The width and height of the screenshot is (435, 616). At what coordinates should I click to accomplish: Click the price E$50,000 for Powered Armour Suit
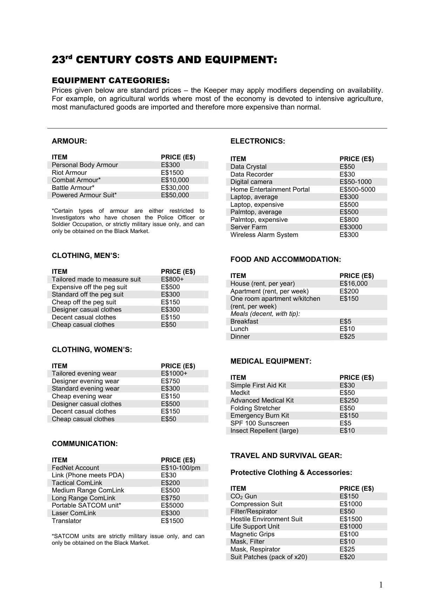coord(175,195)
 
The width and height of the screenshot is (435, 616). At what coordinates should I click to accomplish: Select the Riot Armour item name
coord(69,173)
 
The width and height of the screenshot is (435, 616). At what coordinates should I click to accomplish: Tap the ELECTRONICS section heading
coord(257,141)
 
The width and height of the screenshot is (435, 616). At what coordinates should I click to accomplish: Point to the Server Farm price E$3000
coord(350,227)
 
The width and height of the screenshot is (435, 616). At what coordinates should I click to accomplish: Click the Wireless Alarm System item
coord(264,235)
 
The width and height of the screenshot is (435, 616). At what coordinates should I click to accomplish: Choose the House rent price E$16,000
coord(353,284)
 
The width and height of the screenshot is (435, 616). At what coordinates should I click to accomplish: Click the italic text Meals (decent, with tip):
coord(265,314)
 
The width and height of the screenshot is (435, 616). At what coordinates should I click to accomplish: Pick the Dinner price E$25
coord(347,337)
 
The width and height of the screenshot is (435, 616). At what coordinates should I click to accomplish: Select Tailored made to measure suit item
coord(96,279)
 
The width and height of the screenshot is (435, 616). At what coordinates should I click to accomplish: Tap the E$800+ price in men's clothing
coord(172,279)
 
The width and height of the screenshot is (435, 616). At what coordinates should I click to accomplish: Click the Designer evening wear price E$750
coord(170,381)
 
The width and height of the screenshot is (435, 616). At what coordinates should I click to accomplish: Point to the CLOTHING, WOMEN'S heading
coord(92,350)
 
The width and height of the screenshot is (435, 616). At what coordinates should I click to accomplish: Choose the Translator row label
coord(66,521)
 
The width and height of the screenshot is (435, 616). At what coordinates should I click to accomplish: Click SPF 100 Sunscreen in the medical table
coord(260,423)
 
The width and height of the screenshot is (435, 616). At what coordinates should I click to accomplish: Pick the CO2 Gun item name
coord(243,496)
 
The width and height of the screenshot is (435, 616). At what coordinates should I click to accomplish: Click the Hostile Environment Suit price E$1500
coord(350,519)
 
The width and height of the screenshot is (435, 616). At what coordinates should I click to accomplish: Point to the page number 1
coord(381,585)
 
